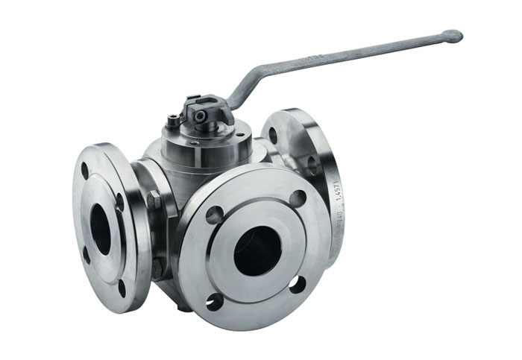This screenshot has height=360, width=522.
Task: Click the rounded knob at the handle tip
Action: (x=452, y=35)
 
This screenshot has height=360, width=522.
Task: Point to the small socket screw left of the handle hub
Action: (x=174, y=119)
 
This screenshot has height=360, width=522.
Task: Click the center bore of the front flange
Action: (x=257, y=250)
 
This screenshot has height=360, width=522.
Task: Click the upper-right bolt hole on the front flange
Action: (x=298, y=198)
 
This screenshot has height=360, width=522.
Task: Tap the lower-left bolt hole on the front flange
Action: (x=215, y=301)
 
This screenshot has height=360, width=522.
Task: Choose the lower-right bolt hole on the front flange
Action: (x=297, y=284)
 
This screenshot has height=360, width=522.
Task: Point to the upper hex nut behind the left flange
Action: (x=154, y=200)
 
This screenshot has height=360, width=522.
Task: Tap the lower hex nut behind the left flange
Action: (x=157, y=265)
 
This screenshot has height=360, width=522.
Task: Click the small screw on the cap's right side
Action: (x=239, y=135)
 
